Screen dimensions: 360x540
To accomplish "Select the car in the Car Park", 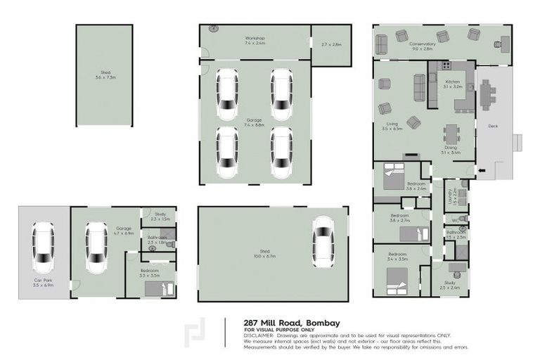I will coord(44,248).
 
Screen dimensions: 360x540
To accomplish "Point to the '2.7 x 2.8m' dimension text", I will coord(330,45).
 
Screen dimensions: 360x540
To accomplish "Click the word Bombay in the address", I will coord(323,323).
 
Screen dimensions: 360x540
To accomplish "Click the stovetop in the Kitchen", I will coord(444,67).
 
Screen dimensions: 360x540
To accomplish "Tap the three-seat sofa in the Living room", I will coord(420,88).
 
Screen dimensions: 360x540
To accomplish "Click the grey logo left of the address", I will coord(195,335).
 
